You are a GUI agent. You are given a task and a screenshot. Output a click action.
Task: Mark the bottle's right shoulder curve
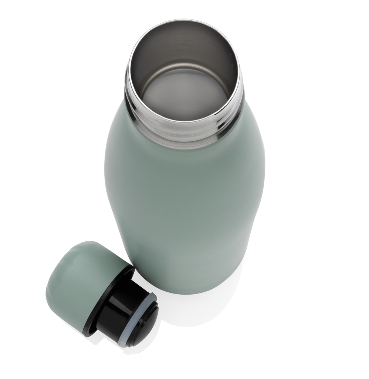point(255,130)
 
